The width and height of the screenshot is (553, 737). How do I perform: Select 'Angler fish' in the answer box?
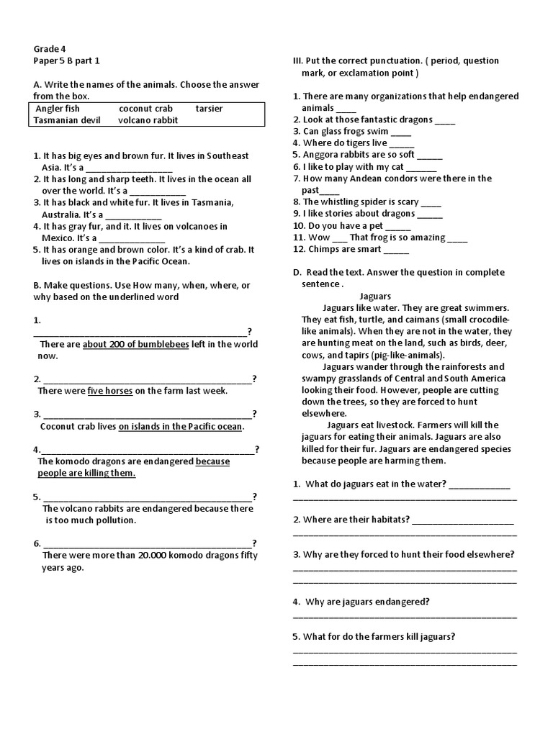pyautogui.click(x=58, y=109)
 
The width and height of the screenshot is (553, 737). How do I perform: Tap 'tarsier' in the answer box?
pyautogui.click(x=209, y=109)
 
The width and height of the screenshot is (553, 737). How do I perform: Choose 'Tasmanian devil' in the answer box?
pyautogui.click(x=66, y=120)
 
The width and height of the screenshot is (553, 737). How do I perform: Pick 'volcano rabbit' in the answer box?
pyautogui.click(x=148, y=120)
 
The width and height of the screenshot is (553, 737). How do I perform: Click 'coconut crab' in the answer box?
pyautogui.click(x=145, y=109)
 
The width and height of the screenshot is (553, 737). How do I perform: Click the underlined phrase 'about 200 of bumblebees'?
pyautogui.click(x=135, y=344)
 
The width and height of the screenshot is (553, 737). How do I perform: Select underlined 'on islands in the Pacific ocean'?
pyautogui.click(x=180, y=426)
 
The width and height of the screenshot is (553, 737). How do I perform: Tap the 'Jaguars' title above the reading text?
pyautogui.click(x=374, y=296)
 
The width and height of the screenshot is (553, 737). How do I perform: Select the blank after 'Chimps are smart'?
pyautogui.click(x=397, y=249)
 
